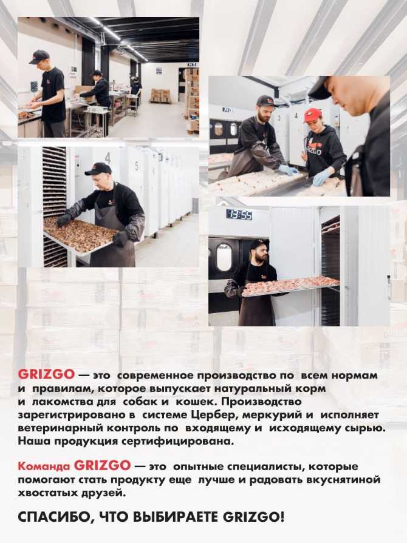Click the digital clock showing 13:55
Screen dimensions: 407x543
tap(239, 215)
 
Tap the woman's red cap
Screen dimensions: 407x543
tap(312, 115)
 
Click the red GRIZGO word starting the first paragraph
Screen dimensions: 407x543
tap(46, 375)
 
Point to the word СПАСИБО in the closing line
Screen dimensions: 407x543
tap(55, 518)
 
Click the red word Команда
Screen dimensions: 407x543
tap(44, 467)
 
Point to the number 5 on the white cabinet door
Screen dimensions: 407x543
tap(137, 166)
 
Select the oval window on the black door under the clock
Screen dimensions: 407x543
tap(224, 257)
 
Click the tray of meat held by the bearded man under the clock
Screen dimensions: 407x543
tap(290, 286)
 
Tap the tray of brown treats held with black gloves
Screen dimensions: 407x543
tap(80, 235)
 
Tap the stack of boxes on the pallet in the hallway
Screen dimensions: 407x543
tap(160, 95)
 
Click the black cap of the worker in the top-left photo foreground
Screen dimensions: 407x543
tap(39, 56)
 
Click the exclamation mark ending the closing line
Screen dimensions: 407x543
tap(282, 518)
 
